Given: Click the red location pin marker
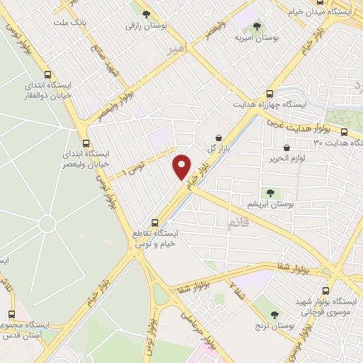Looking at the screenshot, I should click(x=182, y=167).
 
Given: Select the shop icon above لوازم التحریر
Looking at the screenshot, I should click(x=286, y=147).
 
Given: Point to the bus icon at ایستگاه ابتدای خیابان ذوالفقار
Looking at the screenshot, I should click(x=48, y=75).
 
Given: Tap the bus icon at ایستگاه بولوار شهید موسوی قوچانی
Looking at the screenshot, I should click(x=326, y=290).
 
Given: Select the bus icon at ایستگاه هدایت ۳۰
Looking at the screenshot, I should click(x=344, y=132).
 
